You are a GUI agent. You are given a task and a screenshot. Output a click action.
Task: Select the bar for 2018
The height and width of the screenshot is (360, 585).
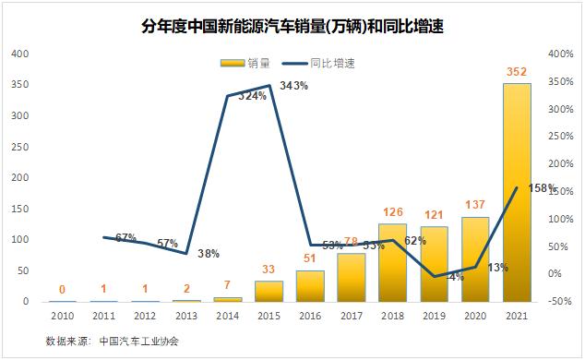tap(392, 263)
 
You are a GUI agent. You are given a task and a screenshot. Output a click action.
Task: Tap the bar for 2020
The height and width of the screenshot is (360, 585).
tap(475, 259)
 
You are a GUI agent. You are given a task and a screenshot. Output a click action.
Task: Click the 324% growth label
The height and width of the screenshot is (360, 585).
tap(251, 96)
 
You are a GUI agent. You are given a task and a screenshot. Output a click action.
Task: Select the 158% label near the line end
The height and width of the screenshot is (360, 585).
tap(542, 188)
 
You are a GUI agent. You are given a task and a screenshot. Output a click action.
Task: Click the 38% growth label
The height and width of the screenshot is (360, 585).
tap(209, 253)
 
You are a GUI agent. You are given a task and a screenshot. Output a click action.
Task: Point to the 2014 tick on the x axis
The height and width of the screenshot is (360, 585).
tap(227, 316)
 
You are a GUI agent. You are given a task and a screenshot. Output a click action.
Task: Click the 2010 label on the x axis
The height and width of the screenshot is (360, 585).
tap(62, 316)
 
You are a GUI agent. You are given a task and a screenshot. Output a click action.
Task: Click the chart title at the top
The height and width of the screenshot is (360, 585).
tap(292, 26)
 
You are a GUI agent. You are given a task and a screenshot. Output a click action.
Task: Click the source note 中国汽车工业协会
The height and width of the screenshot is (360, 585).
tap(138, 341)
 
